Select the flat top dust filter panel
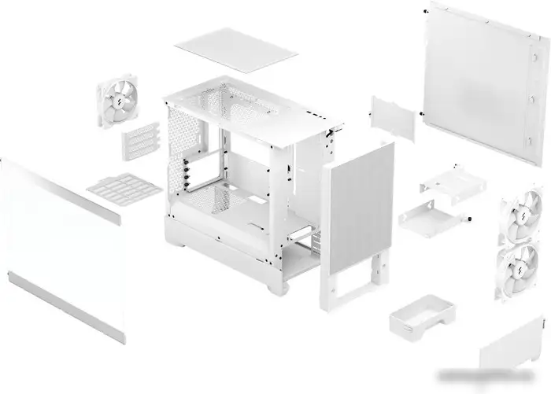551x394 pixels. click(x=236, y=50)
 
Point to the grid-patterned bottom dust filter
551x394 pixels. click(x=124, y=187)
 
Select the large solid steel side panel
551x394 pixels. click(x=484, y=79)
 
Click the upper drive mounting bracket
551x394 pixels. click(x=446, y=183)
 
